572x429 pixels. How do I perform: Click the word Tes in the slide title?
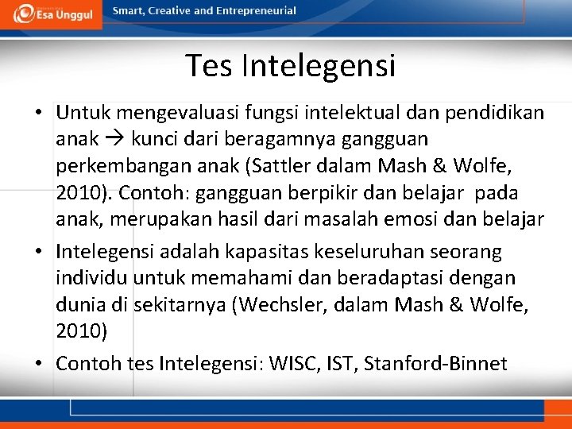pos(209,65)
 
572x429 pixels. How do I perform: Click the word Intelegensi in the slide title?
pos(319,65)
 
